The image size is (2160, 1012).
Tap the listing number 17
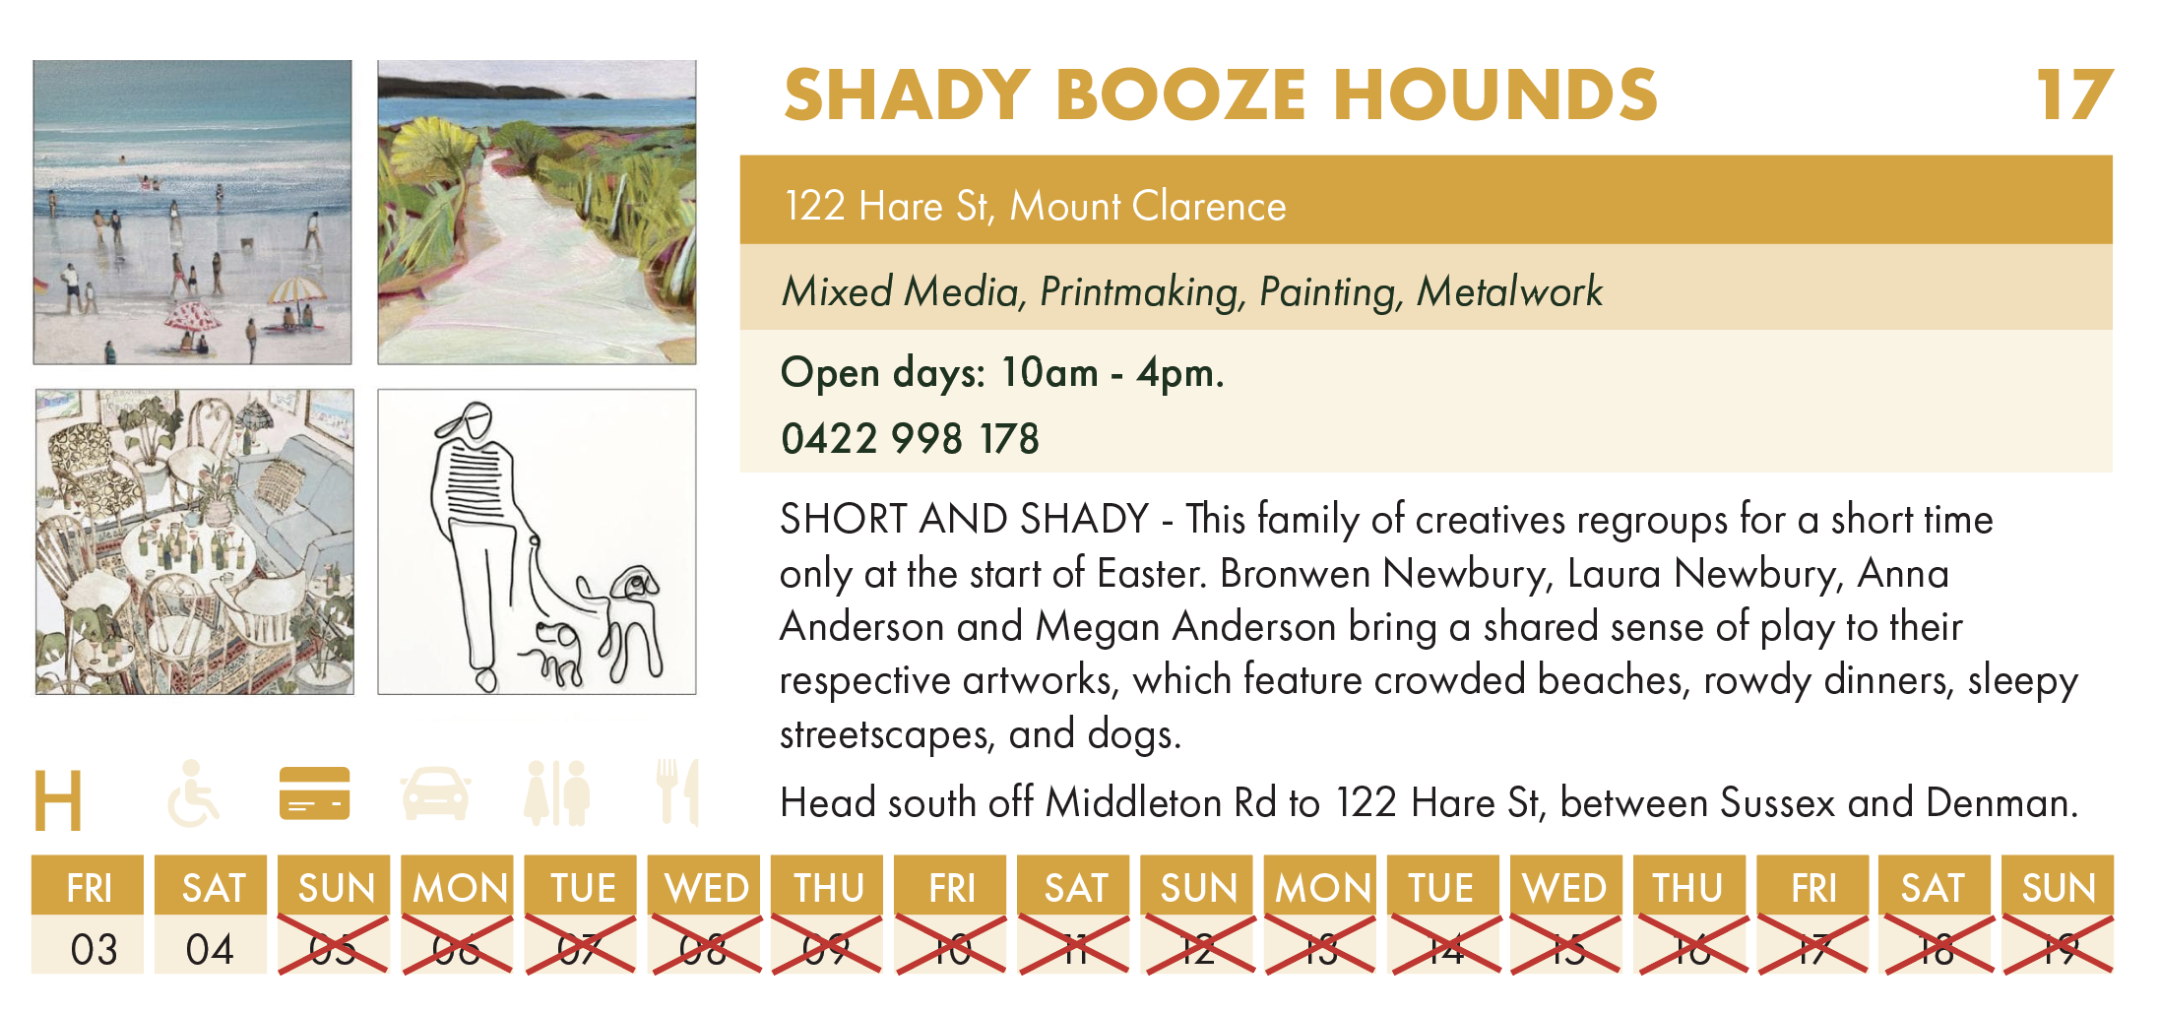pos(2074,95)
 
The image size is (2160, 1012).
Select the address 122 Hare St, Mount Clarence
pos(1035,207)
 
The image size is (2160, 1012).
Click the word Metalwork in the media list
pos(1509,291)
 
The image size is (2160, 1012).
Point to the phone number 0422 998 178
pos(910,439)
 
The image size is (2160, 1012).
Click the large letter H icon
pos(57,800)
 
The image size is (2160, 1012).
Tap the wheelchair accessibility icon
pos(193,792)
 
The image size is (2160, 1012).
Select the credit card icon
pos(315,793)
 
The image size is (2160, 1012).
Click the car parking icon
pos(435,793)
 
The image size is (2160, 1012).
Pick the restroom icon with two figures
pos(557,792)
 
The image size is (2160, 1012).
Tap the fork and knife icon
pos(678,792)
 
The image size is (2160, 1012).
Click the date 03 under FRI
pos(94,950)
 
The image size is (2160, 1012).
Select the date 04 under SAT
pos(210,950)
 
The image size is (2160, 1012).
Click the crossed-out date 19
pos(2058,949)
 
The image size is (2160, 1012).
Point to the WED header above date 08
pos(706,888)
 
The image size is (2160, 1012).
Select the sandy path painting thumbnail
pos(537,213)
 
